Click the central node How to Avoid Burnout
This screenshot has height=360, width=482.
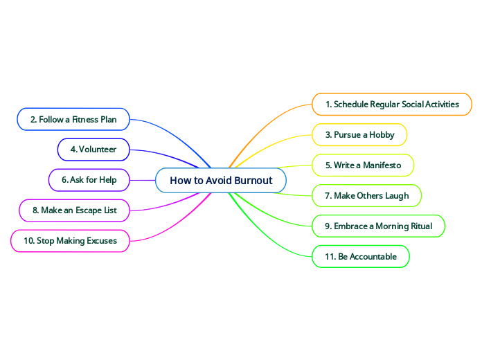pyautogui.click(x=221, y=181)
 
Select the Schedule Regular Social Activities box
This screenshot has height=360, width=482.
pyautogui.click(x=392, y=104)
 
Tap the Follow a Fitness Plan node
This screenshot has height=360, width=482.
pyautogui.click(x=73, y=119)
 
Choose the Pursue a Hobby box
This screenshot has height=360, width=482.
pyautogui.click(x=359, y=134)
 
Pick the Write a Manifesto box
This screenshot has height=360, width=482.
pyautogui.click(x=363, y=165)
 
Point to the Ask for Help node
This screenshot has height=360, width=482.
pyautogui.click(x=89, y=180)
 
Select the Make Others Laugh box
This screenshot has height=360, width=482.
pyautogui.click(x=366, y=195)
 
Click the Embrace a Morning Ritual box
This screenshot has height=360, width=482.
pyautogui.click(x=378, y=226)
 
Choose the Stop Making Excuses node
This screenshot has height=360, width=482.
pyautogui.click(x=70, y=241)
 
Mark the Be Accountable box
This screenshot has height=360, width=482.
pyautogui.click(x=361, y=256)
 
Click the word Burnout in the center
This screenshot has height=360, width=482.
pyautogui.click(x=253, y=181)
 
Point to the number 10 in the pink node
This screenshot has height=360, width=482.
pyautogui.click(x=29, y=241)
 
